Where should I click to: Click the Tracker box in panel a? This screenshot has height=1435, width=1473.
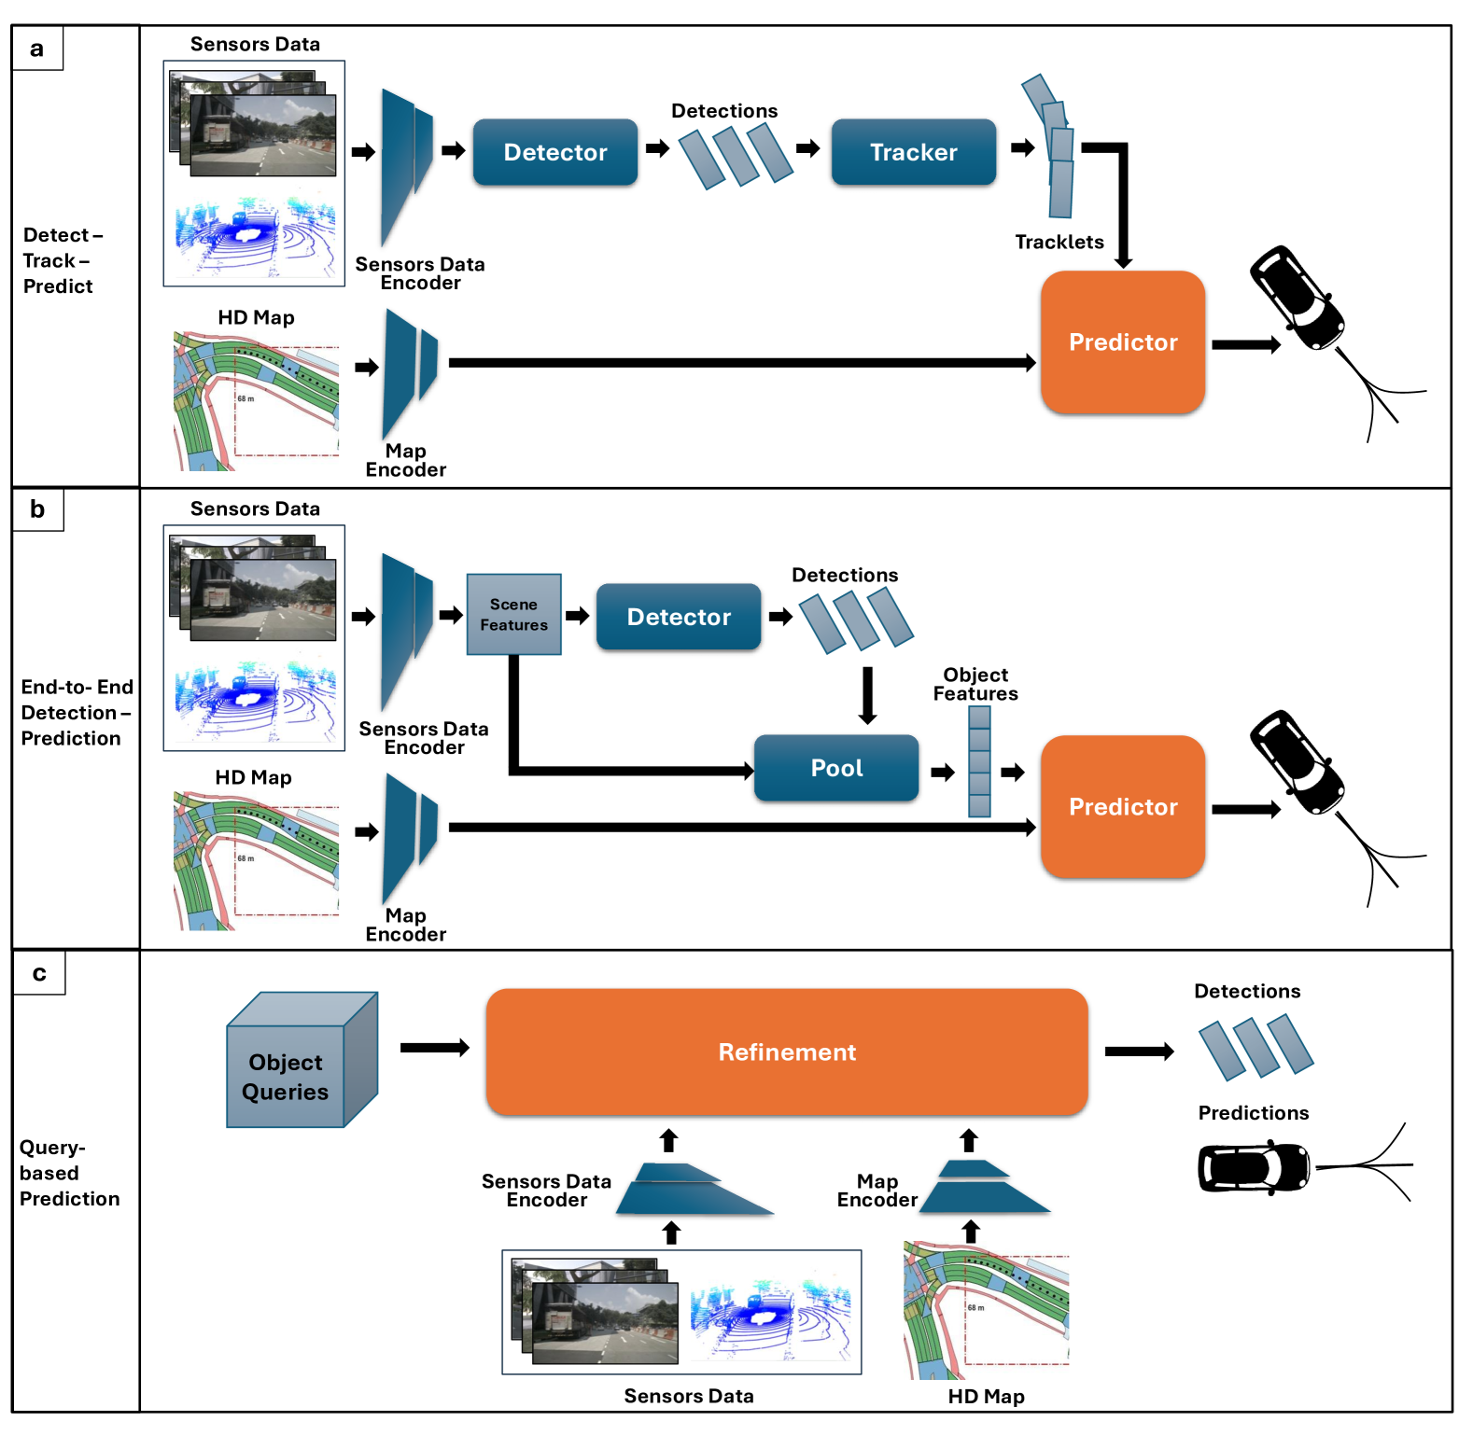pyautogui.click(x=913, y=152)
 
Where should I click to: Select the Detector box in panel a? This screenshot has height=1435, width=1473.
pyautogui.click(x=555, y=152)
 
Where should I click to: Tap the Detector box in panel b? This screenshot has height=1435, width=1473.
pyautogui.click(x=679, y=617)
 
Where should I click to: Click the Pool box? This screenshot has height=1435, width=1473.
pyautogui.click(x=836, y=768)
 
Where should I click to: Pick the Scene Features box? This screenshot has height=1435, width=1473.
pyautogui.click(x=513, y=615)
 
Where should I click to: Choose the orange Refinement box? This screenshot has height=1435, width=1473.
pyautogui.click(x=787, y=1052)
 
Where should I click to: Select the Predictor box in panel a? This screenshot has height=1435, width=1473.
pyautogui.click(x=1123, y=342)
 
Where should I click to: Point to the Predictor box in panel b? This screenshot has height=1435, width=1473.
pyautogui.click(x=1123, y=807)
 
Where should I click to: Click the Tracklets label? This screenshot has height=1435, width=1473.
pyautogui.click(x=1059, y=243)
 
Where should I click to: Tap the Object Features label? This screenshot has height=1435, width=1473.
pyautogui.click(x=975, y=684)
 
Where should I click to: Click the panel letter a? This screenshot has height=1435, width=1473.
pyautogui.click(x=37, y=49)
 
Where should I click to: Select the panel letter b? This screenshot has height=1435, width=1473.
pyautogui.click(x=37, y=509)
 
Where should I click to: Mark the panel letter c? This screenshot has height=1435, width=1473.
pyautogui.click(x=39, y=973)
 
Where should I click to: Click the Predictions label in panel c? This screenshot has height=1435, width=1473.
pyautogui.click(x=1253, y=1113)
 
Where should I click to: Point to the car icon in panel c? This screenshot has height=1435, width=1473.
pyautogui.click(x=1253, y=1167)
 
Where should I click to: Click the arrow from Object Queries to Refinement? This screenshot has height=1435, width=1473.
pyautogui.click(x=434, y=1048)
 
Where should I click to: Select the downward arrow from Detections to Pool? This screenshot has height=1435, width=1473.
pyautogui.click(x=867, y=695)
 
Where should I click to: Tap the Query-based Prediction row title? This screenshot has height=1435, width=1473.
pyautogui.click(x=69, y=1173)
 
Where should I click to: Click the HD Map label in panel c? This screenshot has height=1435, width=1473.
pyautogui.click(x=986, y=1397)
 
